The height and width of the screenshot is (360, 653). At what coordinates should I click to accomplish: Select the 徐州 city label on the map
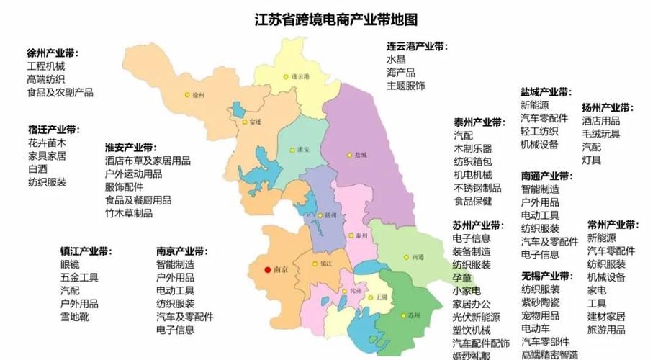(198, 95)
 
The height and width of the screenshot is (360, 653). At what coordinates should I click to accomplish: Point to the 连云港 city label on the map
(300, 76)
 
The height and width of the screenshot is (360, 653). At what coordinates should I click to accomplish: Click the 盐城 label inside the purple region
(361, 155)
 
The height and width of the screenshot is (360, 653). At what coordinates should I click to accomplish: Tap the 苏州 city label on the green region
(413, 315)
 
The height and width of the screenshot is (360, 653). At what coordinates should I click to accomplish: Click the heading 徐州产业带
(53, 54)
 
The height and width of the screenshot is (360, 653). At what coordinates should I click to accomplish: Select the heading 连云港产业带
(416, 46)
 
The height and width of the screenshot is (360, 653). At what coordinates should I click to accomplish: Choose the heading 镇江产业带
(86, 251)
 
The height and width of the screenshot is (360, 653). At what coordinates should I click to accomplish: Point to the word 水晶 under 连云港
(396, 60)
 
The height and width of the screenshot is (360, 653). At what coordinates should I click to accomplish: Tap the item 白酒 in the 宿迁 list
(37, 169)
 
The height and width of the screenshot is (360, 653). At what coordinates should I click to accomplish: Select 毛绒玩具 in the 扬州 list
(600, 134)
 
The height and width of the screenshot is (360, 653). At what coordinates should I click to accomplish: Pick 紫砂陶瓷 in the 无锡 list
(540, 302)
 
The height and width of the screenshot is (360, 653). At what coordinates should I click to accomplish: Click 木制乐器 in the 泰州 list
(472, 148)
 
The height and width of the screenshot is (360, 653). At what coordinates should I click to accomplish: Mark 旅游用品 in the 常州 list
(605, 330)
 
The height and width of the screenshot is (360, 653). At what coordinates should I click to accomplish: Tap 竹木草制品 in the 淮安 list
(128, 213)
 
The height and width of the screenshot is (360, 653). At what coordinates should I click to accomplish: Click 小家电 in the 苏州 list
(466, 290)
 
